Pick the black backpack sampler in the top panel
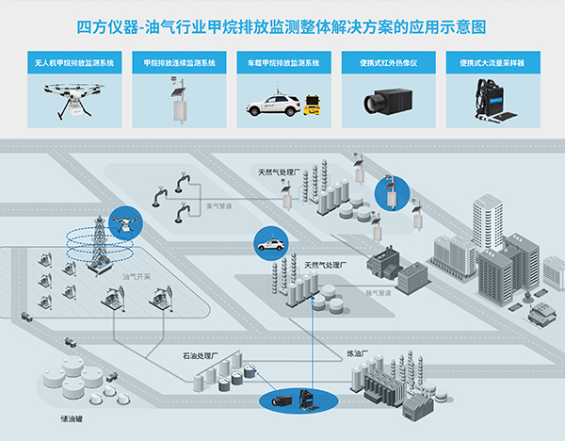[494, 98]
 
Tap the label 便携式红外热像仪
[388, 63]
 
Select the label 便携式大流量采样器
[494, 63]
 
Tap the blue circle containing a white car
[267, 244]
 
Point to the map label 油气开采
[137, 277]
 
